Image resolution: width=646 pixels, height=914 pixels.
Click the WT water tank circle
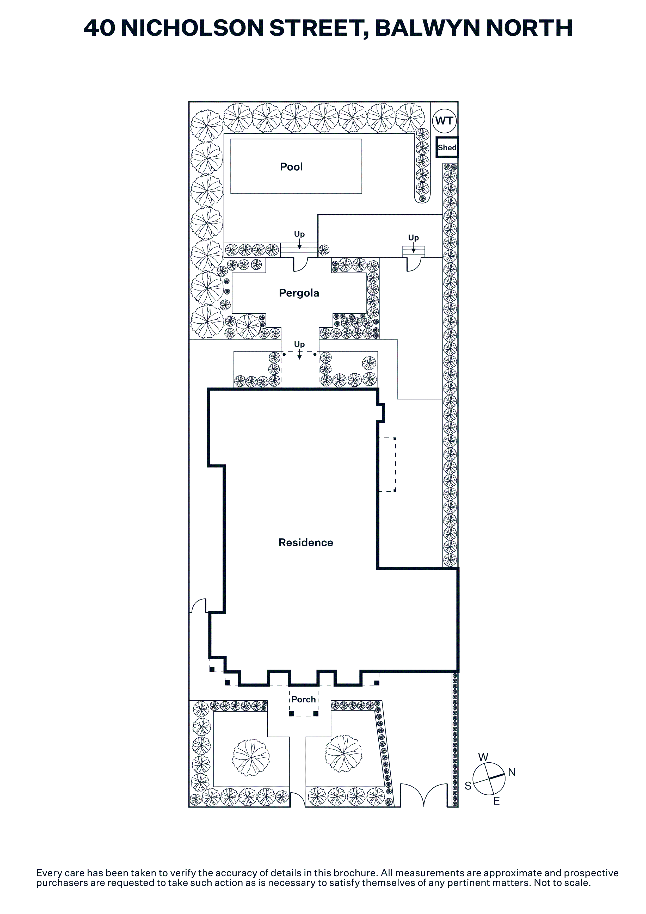pyautogui.click(x=444, y=121)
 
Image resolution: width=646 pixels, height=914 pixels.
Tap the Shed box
pyautogui.click(x=447, y=147)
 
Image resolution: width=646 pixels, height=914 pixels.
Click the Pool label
pyautogui.click(x=291, y=167)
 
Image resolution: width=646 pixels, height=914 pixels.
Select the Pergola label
pyautogui.click(x=299, y=293)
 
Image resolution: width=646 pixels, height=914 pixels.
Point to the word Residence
pyautogui.click(x=306, y=542)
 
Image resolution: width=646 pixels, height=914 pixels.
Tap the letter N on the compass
pyautogui.click(x=512, y=772)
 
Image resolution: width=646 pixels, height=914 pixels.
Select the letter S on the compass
pyautogui.click(x=468, y=786)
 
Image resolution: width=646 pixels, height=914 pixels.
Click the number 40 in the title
pyautogui.click(x=100, y=28)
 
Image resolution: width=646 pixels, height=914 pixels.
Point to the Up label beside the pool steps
pyautogui.click(x=299, y=234)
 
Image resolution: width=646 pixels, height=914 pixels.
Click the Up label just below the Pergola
pyautogui.click(x=299, y=344)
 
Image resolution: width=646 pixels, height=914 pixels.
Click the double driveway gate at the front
pyautogui.click(x=423, y=795)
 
